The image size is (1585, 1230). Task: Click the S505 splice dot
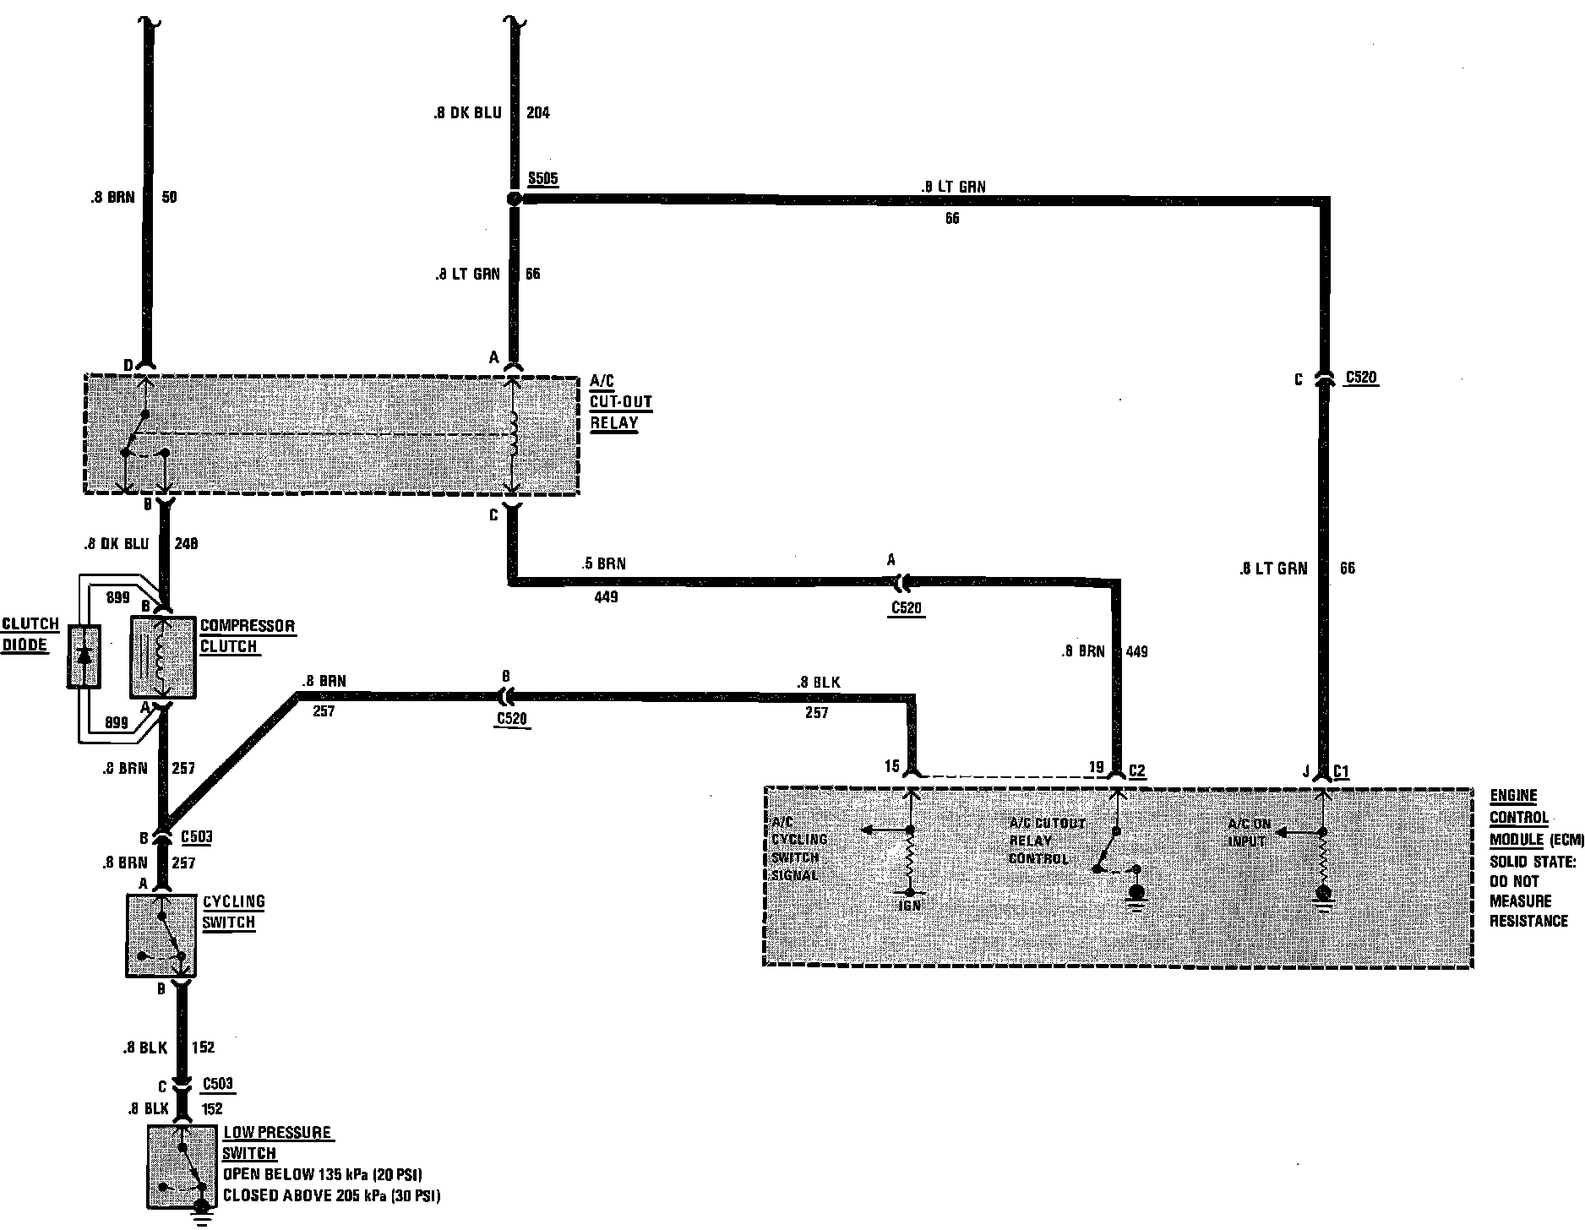[513, 199]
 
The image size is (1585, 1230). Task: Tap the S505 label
[542, 178]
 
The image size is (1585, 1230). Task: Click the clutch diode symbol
[84, 656]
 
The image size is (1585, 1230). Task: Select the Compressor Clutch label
[247, 636]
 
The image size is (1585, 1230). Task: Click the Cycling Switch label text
[233, 912]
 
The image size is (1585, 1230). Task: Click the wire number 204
[537, 112]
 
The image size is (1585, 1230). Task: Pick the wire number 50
[168, 197]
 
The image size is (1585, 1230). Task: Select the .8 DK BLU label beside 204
[467, 112]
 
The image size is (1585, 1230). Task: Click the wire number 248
[186, 544]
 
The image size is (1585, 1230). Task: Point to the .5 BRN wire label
[604, 563]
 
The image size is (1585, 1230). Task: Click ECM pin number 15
[892, 766]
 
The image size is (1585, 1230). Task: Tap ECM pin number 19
[1096, 767]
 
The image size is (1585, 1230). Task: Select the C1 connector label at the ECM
[1342, 771]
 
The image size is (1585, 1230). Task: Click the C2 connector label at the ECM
[1137, 771]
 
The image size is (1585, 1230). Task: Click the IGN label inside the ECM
[910, 905]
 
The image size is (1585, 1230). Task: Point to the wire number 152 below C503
[213, 1108]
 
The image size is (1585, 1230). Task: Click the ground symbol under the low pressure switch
[201, 1214]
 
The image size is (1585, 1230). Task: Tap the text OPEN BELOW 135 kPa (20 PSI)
[322, 1174]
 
